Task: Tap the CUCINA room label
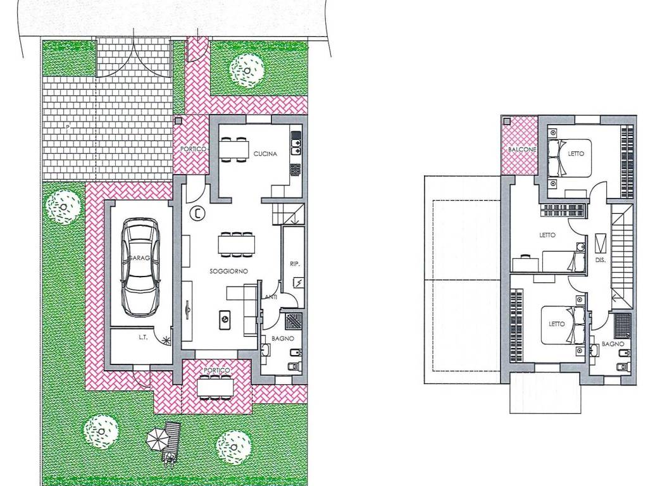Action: click(265, 154)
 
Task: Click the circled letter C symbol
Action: click(197, 214)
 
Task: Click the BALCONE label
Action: click(522, 149)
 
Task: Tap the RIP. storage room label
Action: click(295, 264)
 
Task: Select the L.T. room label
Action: click(143, 337)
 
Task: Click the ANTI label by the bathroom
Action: click(271, 297)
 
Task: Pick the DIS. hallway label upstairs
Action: click(601, 260)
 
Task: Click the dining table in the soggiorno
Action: click(237, 244)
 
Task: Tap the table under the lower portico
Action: click(214, 387)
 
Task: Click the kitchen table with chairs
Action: click(234, 149)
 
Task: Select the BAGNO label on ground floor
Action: click(283, 339)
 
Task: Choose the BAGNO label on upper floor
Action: click(613, 344)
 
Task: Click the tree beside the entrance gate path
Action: click(247, 70)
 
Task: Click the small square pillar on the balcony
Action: click(507, 121)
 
